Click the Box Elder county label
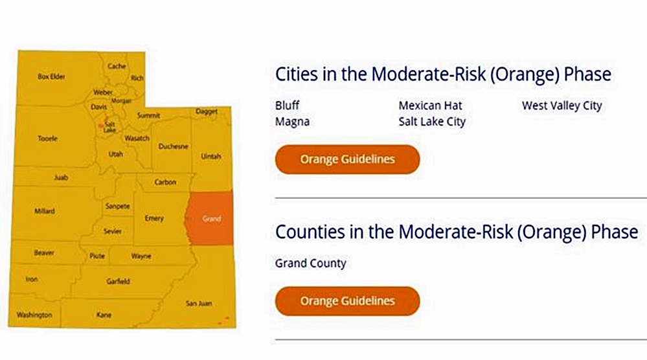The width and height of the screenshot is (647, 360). tap(52, 76)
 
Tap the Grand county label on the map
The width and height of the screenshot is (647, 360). tap(211, 219)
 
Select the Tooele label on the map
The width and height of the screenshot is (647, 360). tap(47, 139)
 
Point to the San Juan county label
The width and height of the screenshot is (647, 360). tap(199, 303)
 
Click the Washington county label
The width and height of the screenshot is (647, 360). tap(34, 315)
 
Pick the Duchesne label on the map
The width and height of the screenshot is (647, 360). tap(174, 146)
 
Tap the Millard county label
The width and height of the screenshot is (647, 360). tap(45, 211)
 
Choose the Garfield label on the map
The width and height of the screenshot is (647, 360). tap(118, 281)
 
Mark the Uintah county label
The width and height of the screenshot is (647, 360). tap(211, 156)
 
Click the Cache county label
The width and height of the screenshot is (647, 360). tap(117, 66)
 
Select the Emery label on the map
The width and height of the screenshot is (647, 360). tap(154, 218)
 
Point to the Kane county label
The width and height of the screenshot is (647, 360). tap(104, 315)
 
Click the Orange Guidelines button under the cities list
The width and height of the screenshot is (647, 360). tap(347, 159)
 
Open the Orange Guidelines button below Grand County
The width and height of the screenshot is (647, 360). tap(347, 301)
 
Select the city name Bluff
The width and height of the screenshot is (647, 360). tap(287, 106)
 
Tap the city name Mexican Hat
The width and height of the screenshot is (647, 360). tap(431, 106)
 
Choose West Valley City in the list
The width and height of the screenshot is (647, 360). tap(562, 106)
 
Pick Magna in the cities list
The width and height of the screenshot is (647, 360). tap(293, 122)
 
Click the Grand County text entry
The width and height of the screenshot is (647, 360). tap(311, 263)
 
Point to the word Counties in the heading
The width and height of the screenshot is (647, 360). tap(310, 232)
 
